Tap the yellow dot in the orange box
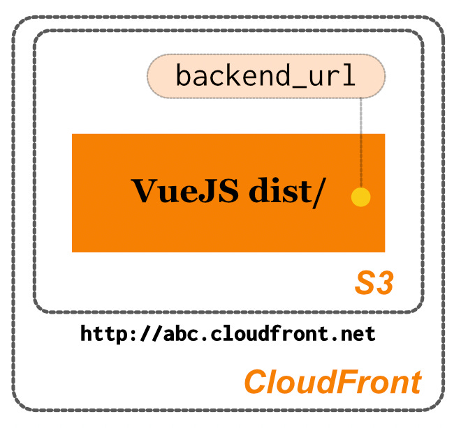(360, 197)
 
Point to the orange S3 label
(374, 284)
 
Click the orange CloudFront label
(332, 382)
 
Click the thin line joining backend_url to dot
(360, 139)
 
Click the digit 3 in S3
(385, 284)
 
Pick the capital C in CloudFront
(256, 382)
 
